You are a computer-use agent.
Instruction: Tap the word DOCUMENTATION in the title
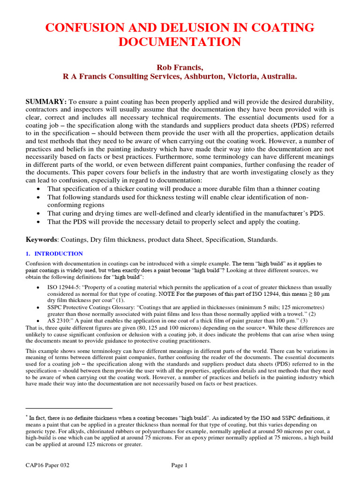coord(180,42)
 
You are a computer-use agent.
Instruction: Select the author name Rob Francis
coord(180,67)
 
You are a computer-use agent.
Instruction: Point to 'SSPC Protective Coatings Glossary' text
coord(94,307)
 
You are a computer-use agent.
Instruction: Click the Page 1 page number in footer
coord(179,465)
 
